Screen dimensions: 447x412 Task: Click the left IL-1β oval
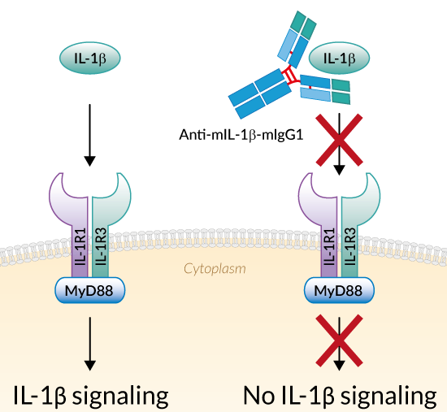(x=89, y=59)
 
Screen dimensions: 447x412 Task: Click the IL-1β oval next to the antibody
(x=339, y=59)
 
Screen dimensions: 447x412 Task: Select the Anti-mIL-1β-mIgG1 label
(x=241, y=135)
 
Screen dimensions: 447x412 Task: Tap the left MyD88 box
(x=89, y=290)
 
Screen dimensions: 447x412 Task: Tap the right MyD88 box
(x=339, y=290)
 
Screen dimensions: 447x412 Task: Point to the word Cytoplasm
(x=215, y=269)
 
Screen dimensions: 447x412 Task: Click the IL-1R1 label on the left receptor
(x=80, y=246)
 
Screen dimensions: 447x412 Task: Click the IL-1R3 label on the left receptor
(x=101, y=246)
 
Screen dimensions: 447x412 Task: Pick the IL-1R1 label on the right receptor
(x=329, y=246)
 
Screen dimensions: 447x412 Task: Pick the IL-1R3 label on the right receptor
(x=349, y=246)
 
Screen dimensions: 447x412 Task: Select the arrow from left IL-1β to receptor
(x=89, y=135)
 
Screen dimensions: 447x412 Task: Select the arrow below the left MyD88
(x=90, y=344)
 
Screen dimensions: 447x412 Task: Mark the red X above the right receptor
(x=339, y=140)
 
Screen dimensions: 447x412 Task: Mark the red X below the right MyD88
(x=339, y=340)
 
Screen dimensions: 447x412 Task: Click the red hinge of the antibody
(x=291, y=76)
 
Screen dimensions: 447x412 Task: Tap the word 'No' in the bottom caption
(x=258, y=395)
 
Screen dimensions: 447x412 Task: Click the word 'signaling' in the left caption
(x=120, y=397)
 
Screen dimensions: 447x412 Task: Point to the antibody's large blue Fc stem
(x=260, y=93)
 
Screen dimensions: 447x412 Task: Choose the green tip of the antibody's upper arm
(x=303, y=24)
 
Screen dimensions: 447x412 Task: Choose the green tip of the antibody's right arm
(x=341, y=92)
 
